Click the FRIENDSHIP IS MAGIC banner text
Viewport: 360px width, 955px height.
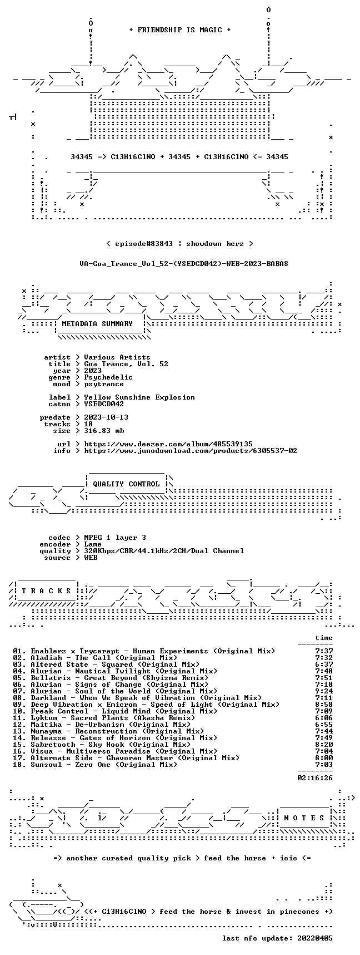(x=180, y=30)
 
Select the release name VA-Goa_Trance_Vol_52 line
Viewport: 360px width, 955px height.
(x=184, y=264)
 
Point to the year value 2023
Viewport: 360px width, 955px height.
(x=93, y=371)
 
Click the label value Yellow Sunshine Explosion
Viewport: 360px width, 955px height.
(x=139, y=397)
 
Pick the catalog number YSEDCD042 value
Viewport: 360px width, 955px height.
(x=104, y=404)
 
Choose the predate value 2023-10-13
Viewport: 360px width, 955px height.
(x=106, y=417)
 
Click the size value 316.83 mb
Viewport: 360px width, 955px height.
(x=104, y=431)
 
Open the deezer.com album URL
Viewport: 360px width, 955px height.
(x=168, y=444)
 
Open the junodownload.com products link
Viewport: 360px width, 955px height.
(x=191, y=451)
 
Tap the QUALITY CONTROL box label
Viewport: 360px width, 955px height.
(x=126, y=484)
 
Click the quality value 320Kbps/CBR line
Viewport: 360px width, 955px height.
(x=164, y=551)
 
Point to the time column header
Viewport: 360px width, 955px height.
(x=324, y=638)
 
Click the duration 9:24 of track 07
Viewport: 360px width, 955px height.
(x=324, y=691)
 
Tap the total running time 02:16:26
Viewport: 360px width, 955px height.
(x=315, y=778)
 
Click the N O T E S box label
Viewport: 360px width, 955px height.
(x=304, y=818)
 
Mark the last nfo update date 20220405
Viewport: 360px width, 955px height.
(x=315, y=938)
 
